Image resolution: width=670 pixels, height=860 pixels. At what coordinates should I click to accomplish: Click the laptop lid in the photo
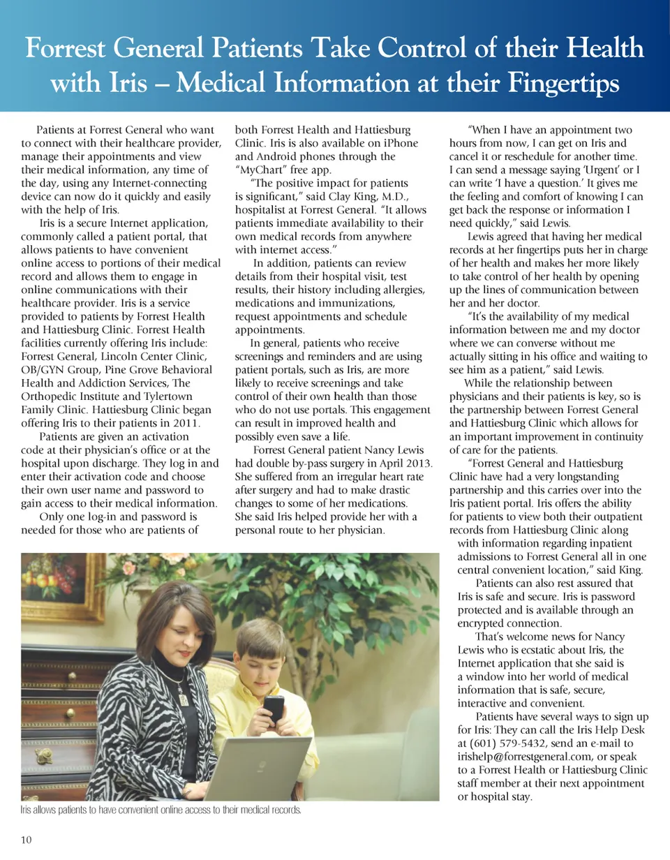point(259,769)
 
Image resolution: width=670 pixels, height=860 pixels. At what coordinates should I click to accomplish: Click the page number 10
point(27,840)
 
